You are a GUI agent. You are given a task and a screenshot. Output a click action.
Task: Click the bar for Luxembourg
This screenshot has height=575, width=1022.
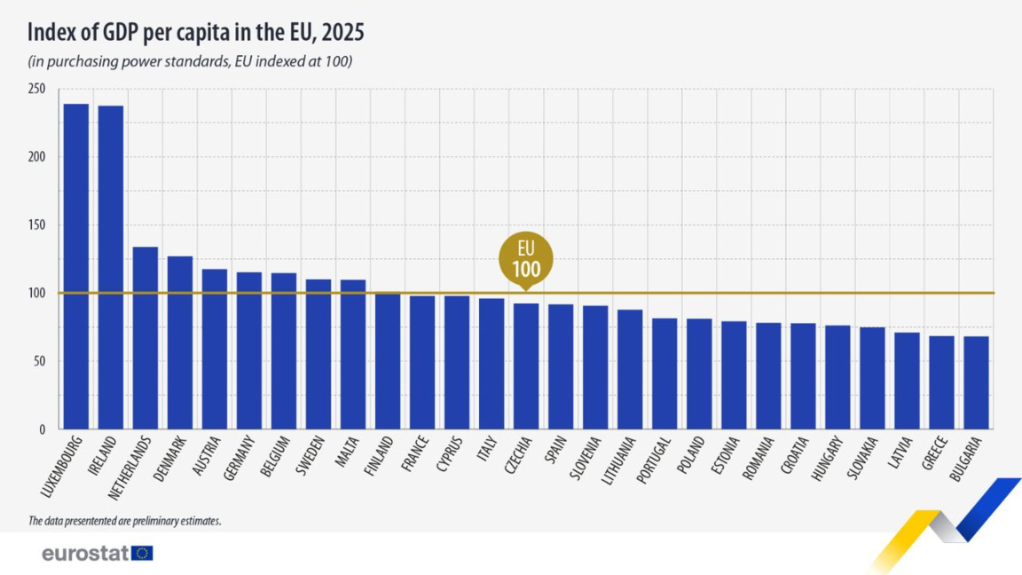(x=76, y=266)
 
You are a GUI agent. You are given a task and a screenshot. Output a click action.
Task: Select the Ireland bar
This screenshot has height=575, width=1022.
(x=111, y=266)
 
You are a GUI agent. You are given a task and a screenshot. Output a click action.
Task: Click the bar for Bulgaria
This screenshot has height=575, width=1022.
(x=976, y=382)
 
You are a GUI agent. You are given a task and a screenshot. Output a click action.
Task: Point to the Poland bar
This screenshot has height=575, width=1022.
(x=699, y=374)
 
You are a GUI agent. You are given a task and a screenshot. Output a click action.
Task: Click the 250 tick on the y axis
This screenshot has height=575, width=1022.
(x=36, y=90)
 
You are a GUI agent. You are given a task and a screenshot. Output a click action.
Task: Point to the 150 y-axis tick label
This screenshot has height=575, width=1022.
(x=36, y=225)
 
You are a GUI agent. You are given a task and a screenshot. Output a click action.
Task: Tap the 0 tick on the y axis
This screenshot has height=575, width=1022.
(x=41, y=429)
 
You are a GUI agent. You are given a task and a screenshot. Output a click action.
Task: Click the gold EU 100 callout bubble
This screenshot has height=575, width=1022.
(x=526, y=258)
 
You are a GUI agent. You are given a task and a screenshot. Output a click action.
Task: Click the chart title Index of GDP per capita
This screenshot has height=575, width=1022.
(x=196, y=33)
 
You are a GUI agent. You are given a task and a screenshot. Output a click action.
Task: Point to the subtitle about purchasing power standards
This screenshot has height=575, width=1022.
(x=191, y=61)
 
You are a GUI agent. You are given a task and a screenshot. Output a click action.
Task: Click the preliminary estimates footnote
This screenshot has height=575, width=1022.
(x=124, y=521)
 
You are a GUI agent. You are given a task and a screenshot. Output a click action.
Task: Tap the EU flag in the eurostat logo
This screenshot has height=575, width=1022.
(x=142, y=554)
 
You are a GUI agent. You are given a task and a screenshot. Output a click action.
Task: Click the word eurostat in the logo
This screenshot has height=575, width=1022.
(x=85, y=554)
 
